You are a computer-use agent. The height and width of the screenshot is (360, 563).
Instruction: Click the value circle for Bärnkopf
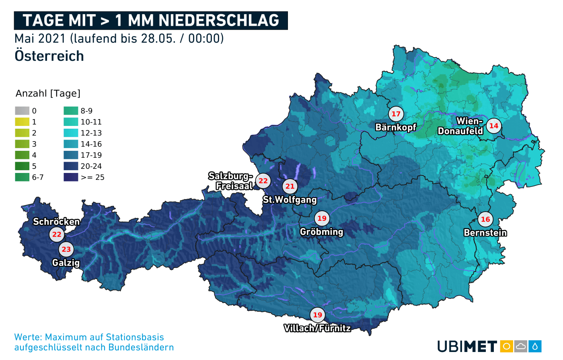point(396,114)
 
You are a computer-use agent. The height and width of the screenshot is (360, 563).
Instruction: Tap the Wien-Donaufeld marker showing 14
point(493,126)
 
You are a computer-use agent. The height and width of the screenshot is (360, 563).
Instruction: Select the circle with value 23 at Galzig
point(66,249)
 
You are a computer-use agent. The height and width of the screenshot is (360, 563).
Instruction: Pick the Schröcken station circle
point(57,235)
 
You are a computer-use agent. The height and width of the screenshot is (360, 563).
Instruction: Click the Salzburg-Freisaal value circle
point(263,181)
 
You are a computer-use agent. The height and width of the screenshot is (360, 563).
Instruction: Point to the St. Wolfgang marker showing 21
point(290,186)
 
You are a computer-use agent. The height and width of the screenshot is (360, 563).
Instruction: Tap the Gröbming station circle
point(322,218)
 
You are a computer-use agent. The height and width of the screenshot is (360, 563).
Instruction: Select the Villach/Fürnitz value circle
point(318,315)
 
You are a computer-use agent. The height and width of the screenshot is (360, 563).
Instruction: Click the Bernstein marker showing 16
point(485,219)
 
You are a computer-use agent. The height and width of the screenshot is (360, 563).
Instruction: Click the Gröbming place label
point(321,232)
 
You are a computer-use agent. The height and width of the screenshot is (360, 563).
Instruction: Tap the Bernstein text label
point(485,232)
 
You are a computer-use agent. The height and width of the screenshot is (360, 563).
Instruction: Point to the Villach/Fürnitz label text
point(317,328)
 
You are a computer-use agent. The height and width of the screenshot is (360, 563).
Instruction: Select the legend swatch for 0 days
point(22,111)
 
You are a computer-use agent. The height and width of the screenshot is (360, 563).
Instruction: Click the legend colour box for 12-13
point(71,133)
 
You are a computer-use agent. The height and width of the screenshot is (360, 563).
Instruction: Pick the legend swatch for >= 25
point(71,177)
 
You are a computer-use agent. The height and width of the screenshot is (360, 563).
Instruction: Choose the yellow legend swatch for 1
point(22,121)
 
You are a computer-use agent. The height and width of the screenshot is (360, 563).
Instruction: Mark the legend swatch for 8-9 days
point(71,111)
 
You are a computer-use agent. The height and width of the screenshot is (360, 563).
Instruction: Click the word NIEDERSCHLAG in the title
point(219,20)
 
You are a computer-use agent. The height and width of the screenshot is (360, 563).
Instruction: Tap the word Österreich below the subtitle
point(49,56)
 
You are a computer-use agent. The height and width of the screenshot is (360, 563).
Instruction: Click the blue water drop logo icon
point(535,346)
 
